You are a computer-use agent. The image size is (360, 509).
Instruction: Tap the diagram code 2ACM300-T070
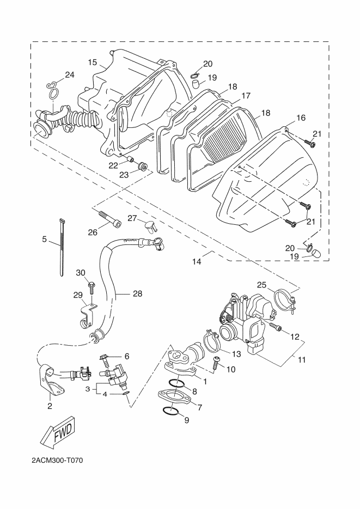tap(57, 461)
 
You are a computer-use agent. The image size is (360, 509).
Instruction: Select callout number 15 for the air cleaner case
tap(93, 62)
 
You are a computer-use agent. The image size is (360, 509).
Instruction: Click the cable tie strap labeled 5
tap(62, 248)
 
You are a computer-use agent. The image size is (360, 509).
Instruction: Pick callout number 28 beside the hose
tap(138, 293)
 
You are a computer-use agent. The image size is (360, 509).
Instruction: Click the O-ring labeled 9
tap(169, 410)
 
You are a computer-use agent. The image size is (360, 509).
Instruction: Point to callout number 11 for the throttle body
tap(302, 360)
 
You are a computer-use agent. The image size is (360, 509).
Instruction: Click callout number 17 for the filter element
tap(246, 96)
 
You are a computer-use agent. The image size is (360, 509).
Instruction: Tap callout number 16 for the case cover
tap(301, 118)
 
